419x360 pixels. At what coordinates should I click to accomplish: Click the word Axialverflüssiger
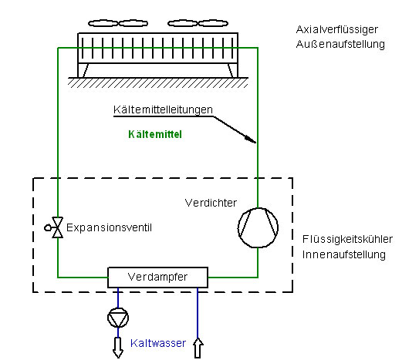tap(337, 30)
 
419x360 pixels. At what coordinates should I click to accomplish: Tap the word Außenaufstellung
tap(340, 44)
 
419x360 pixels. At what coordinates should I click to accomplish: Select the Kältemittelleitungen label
tap(163, 109)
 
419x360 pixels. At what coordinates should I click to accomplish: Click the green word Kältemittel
tap(155, 134)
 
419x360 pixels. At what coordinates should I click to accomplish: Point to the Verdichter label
tap(211, 203)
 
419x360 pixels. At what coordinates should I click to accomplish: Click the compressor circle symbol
tap(258, 208)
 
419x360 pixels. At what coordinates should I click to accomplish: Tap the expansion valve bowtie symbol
tap(57, 227)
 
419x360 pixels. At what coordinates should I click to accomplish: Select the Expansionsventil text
tap(109, 227)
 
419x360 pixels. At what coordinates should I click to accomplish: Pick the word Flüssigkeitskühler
tap(347, 240)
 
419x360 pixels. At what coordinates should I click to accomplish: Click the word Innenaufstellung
tap(344, 254)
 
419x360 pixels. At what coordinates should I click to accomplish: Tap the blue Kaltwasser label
tap(158, 343)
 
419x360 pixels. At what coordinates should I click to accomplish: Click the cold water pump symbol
tap(118, 308)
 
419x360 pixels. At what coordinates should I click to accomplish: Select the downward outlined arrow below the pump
tap(118, 348)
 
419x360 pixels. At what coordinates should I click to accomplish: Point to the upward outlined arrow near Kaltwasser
tap(198, 348)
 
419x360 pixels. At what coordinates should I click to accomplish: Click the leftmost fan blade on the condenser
tap(103, 23)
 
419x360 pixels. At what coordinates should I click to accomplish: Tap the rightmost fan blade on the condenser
tap(213, 23)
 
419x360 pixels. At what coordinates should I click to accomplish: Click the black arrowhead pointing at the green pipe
tap(251, 140)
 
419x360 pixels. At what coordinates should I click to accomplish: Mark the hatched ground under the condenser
tap(158, 83)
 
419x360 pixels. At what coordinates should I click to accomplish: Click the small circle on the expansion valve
tap(48, 227)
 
